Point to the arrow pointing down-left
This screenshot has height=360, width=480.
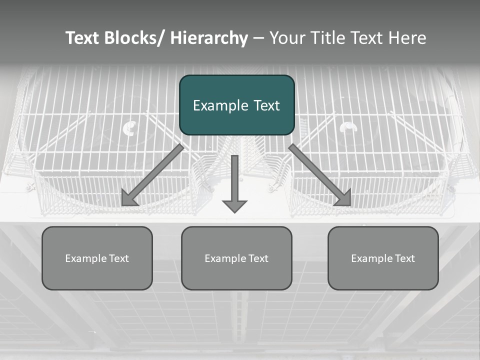pyautogui.click(x=153, y=175)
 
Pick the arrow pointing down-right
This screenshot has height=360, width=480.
pyautogui.click(x=320, y=175)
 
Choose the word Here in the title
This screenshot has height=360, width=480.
pyautogui.click(x=407, y=38)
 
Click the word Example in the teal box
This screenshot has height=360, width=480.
pyautogui.click(x=218, y=105)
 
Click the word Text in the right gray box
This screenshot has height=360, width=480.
pyautogui.click(x=404, y=258)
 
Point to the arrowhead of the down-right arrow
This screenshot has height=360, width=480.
pyautogui.click(x=343, y=198)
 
